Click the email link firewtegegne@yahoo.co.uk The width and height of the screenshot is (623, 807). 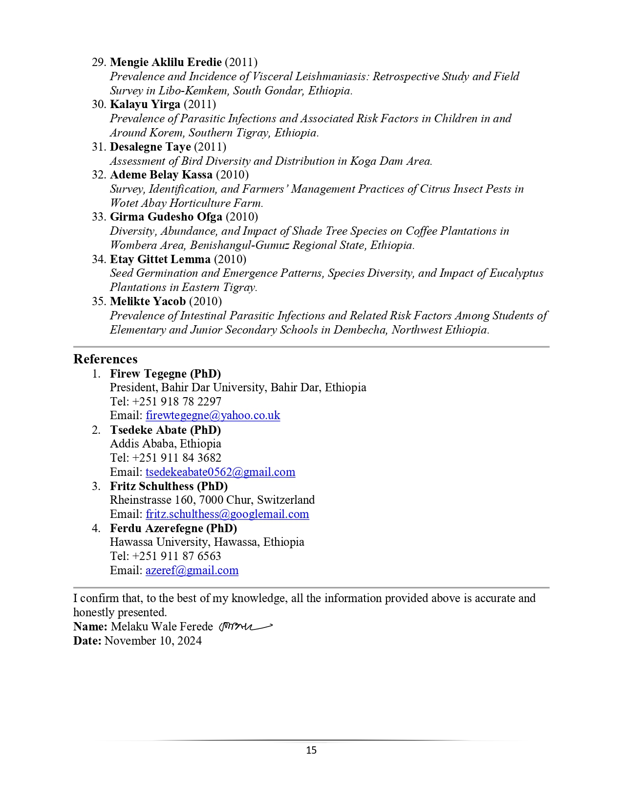[x=213, y=416]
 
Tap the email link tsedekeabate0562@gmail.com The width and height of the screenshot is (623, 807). [x=220, y=472]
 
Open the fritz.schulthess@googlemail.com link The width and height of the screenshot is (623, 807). [x=227, y=514]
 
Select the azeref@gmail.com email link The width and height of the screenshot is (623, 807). [x=192, y=570]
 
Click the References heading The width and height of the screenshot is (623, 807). [x=106, y=359]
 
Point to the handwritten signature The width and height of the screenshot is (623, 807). [x=245, y=627]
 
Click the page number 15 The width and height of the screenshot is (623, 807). [x=311, y=750]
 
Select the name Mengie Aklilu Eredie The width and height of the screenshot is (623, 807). [x=166, y=62]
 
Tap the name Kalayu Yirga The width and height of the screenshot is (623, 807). [x=145, y=104]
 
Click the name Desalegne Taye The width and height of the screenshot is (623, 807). [x=150, y=147]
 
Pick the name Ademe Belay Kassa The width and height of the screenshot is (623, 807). [x=161, y=175]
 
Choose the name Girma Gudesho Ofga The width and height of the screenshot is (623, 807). [x=166, y=217]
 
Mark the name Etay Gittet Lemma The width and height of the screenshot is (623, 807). [x=160, y=259]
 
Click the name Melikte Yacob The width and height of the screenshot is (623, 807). [x=148, y=301]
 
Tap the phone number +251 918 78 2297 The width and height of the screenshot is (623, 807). [x=176, y=402]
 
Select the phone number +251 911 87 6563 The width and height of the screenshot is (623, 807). [x=176, y=556]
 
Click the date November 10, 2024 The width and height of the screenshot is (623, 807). [x=153, y=641]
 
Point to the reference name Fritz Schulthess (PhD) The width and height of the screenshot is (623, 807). [x=169, y=486]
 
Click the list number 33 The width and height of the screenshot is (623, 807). [x=99, y=217]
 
